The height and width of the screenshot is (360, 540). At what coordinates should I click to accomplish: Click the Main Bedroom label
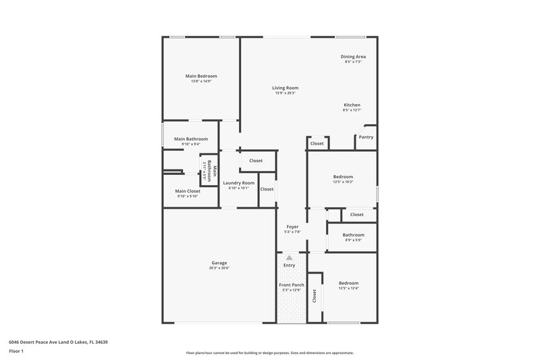[201, 76]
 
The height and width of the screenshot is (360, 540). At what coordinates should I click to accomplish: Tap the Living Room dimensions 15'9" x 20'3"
[286, 93]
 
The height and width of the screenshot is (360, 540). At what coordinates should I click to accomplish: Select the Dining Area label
[353, 56]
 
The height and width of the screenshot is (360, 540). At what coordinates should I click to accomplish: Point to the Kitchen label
[352, 105]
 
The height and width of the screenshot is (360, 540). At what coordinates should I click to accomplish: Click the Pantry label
[366, 137]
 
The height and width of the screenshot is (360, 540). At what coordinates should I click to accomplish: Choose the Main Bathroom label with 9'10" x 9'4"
[190, 139]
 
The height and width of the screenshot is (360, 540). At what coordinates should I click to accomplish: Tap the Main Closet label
[188, 191]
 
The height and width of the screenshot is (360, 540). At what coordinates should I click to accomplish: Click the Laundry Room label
[238, 183]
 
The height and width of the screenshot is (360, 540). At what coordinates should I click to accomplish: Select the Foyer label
[292, 226]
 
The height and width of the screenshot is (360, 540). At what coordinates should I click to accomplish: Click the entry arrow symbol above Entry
[289, 257]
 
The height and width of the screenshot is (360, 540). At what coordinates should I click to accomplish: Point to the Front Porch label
[292, 285]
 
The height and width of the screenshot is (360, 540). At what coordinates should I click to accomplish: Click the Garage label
[219, 263]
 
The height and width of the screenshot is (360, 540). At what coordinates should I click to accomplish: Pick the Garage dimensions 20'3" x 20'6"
[219, 268]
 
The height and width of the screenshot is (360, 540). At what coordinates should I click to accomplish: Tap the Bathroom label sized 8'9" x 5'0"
[353, 234]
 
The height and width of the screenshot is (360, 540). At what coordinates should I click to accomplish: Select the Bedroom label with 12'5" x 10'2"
[344, 176]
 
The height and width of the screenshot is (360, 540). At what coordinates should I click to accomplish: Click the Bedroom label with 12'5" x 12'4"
[348, 283]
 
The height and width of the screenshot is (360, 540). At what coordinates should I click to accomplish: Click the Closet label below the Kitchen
[317, 144]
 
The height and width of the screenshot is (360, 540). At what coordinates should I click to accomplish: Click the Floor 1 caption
[16, 352]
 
